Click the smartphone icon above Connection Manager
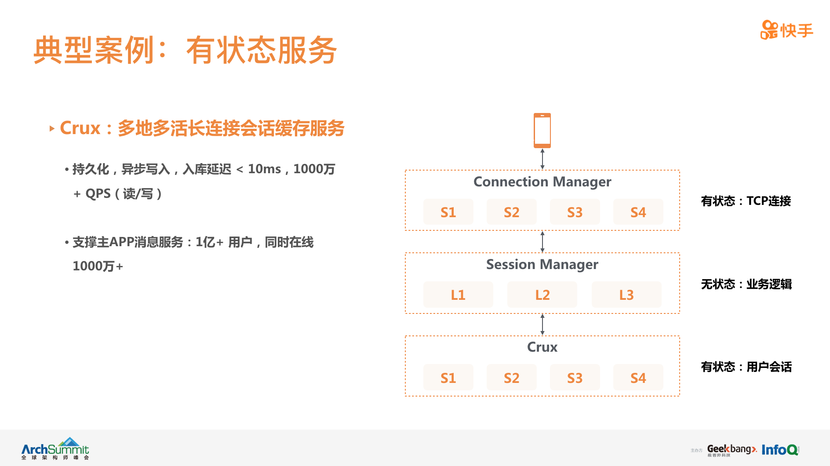[542, 131]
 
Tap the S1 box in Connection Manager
[448, 212]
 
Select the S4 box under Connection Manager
[638, 212]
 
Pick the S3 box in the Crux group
[575, 378]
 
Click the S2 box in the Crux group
[511, 378]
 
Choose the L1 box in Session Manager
[458, 295]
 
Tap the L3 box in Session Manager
[626, 295]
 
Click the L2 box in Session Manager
[542, 295]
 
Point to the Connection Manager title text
[542, 182]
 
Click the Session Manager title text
[542, 264]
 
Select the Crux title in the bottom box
[542, 347]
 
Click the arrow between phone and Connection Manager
[542, 159]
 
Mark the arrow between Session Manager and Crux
[542, 324]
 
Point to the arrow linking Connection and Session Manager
[542, 241]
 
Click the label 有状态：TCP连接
[746, 201]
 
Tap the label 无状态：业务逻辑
[746, 284]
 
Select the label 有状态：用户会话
[746, 367]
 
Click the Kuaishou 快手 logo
[786, 30]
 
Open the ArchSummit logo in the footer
[55, 448]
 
